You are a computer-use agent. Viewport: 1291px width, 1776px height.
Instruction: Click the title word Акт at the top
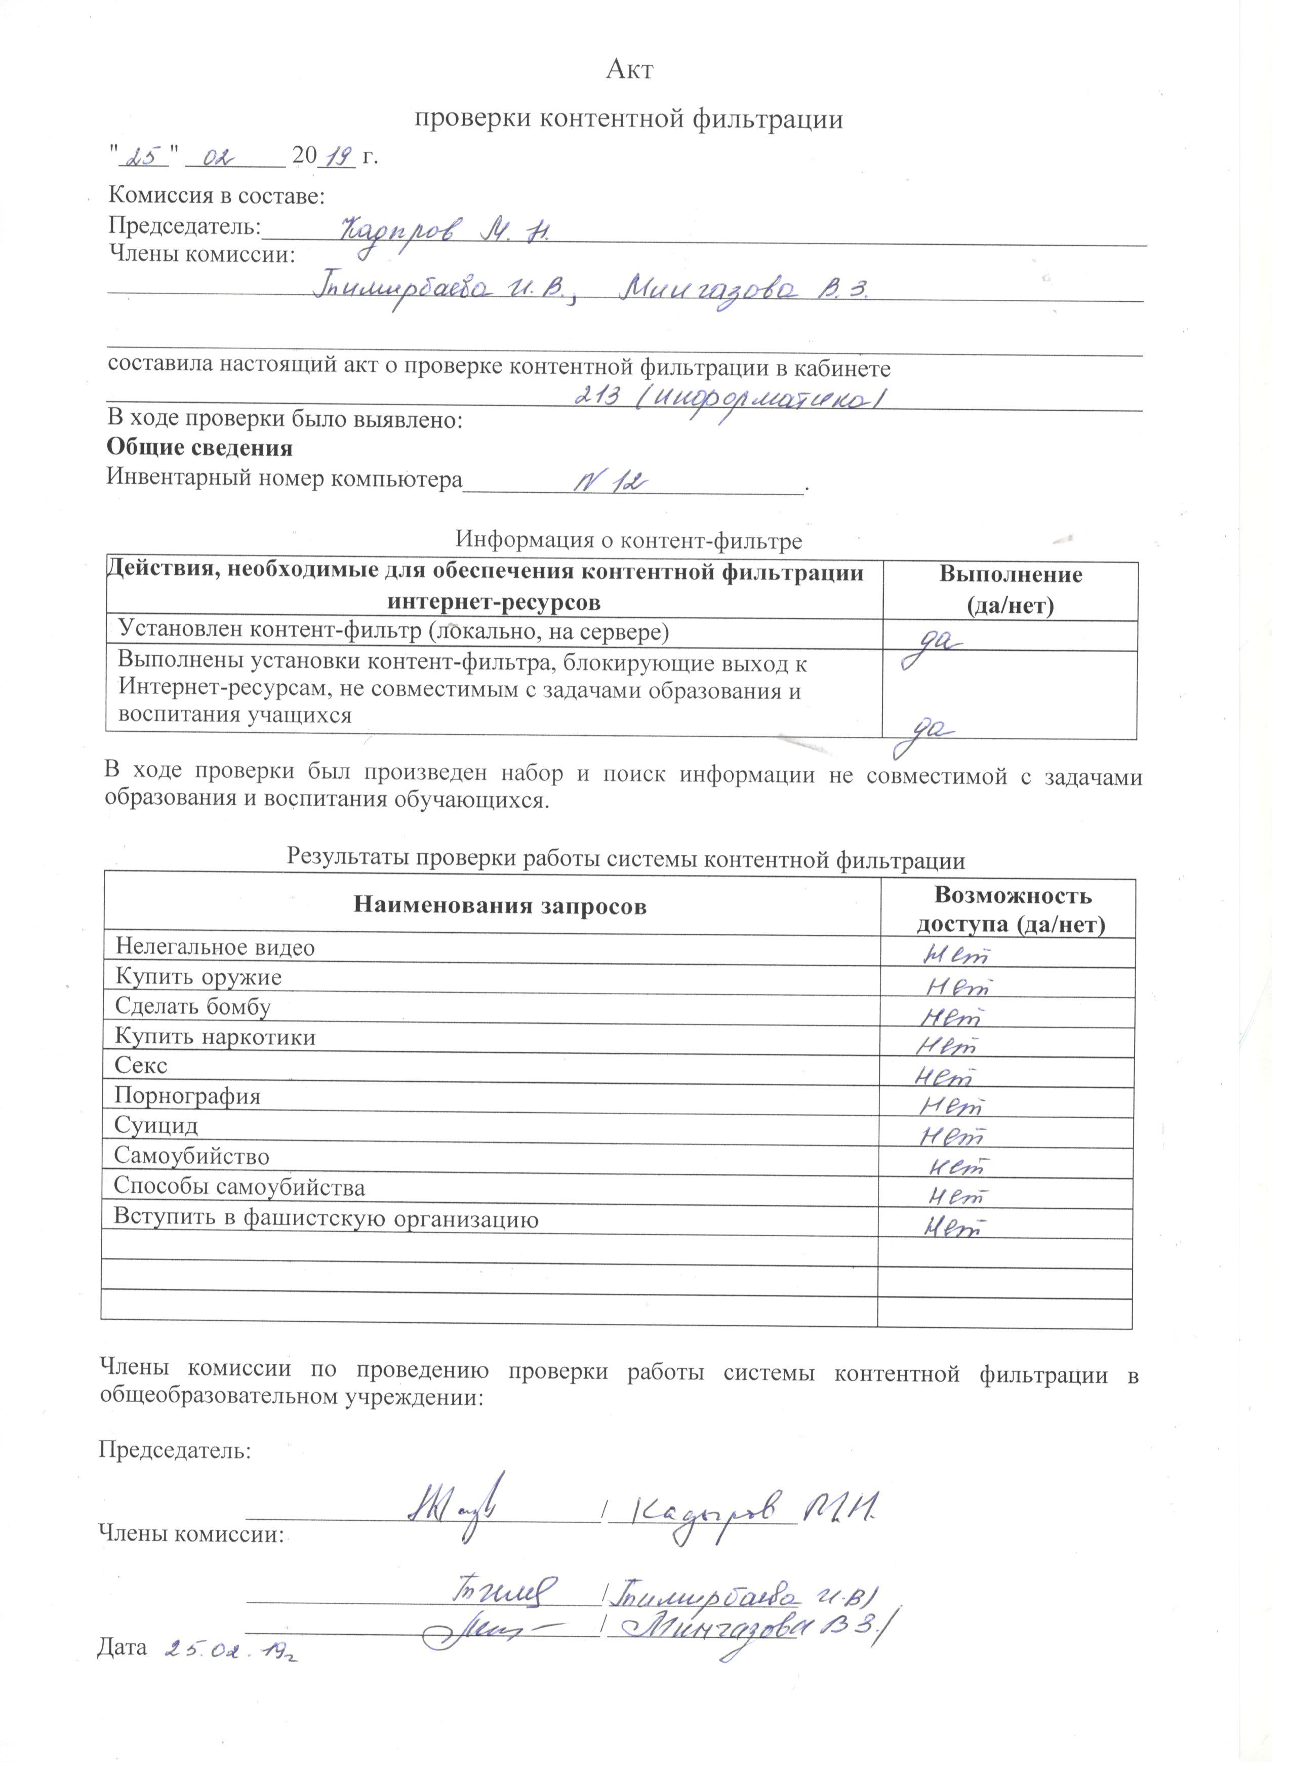pos(629,70)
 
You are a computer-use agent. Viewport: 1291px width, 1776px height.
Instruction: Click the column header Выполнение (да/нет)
pos(1010,589)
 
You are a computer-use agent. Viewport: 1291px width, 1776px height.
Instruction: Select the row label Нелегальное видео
pos(215,948)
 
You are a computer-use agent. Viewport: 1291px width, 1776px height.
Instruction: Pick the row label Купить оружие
pos(198,977)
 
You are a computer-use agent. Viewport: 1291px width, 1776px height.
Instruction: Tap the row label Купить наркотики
pos(215,1038)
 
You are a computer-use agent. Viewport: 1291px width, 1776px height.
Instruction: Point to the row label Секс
pos(141,1066)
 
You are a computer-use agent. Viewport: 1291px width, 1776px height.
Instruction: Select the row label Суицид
pos(156,1126)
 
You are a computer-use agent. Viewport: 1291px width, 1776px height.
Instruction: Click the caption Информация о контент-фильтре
pos(629,540)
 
